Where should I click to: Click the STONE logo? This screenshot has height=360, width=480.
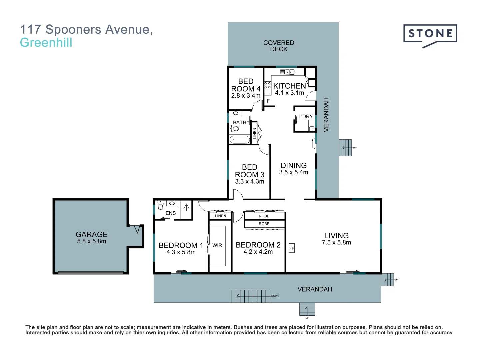(430, 34)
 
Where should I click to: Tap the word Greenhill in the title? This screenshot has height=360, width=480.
(46, 43)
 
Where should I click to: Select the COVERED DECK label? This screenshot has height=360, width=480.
(279, 46)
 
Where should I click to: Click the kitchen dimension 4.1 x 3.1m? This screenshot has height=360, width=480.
(289, 93)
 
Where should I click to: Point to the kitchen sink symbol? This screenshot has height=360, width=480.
(287, 72)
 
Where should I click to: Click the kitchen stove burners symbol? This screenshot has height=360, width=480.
(267, 85)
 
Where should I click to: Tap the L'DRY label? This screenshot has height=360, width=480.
(305, 116)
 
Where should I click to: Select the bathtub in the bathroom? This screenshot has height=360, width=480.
(240, 140)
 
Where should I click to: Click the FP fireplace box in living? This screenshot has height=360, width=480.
(292, 248)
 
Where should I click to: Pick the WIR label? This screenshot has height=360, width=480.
(217, 245)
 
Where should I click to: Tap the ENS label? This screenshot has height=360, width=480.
(170, 213)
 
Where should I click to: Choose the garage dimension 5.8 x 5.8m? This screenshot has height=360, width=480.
(92, 241)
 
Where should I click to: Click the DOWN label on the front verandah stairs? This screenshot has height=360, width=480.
(275, 296)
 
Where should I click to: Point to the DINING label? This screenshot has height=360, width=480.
(293, 165)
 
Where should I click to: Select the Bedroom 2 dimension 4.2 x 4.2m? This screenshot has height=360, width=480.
(258, 252)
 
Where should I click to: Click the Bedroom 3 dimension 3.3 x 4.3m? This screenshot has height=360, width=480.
(249, 182)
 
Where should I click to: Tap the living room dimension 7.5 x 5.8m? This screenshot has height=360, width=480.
(336, 243)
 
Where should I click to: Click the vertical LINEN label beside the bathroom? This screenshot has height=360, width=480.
(255, 133)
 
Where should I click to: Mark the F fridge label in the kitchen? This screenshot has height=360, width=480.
(268, 101)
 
